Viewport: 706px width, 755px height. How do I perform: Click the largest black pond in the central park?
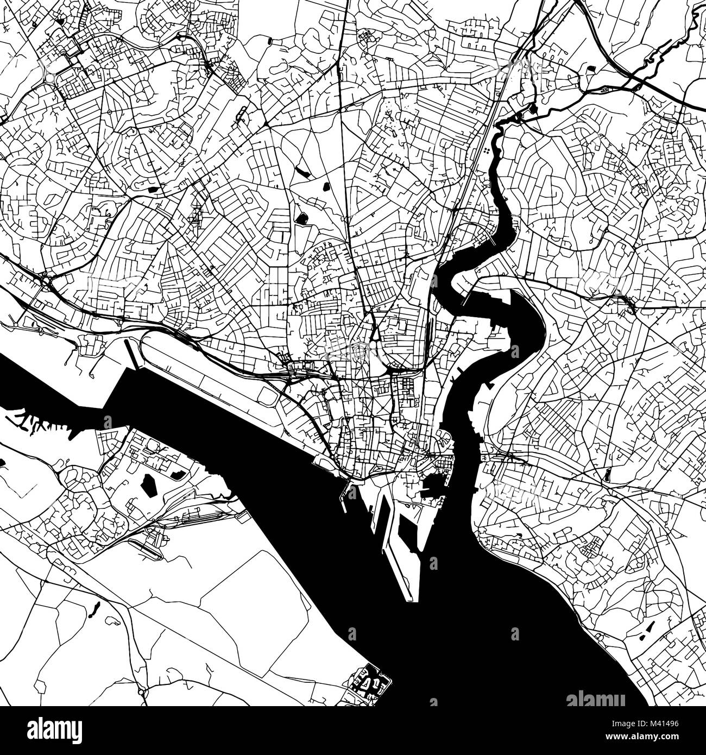pyautogui.click(x=301, y=218)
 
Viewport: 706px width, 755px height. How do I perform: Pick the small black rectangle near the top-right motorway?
pyautogui.click(x=591, y=68)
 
